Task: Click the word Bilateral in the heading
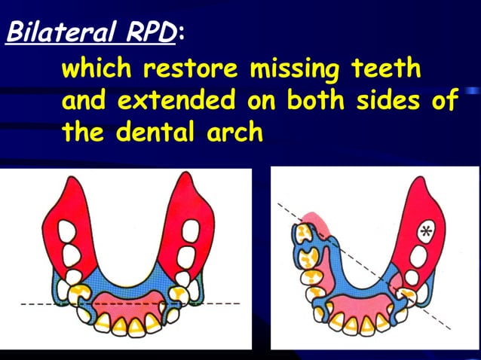56,32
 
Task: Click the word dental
159,133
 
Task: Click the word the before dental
84,133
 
